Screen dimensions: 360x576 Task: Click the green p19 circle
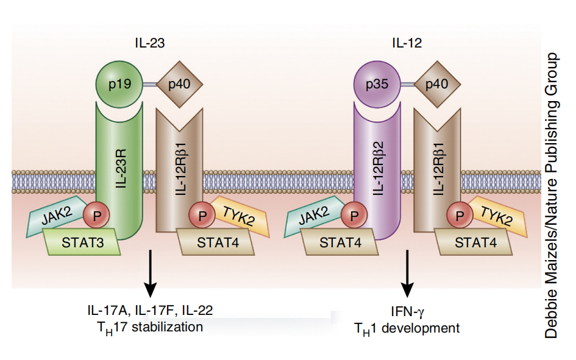(x=119, y=83)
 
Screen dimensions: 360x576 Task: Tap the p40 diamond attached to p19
(x=179, y=83)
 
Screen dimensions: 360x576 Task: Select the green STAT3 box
(x=82, y=244)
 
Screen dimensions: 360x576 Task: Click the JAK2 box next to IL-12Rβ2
(x=313, y=216)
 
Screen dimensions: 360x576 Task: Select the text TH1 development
(x=407, y=328)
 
